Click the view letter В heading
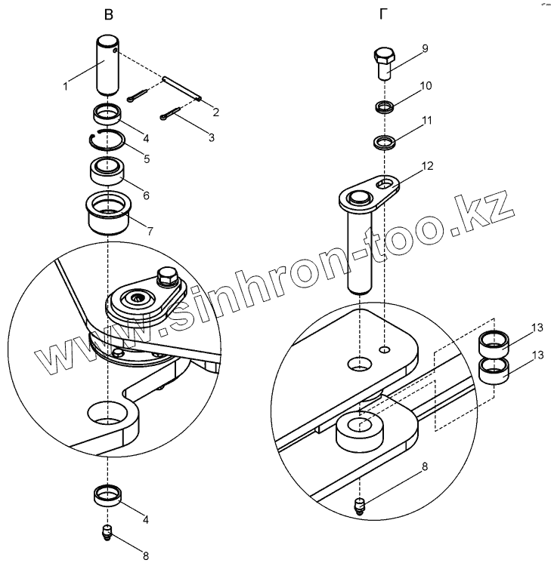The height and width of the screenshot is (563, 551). coord(111,14)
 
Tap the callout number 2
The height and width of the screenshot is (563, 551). coord(216,113)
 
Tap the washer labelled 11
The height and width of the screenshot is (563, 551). coord(385,141)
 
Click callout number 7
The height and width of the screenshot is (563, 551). coord(150,231)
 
